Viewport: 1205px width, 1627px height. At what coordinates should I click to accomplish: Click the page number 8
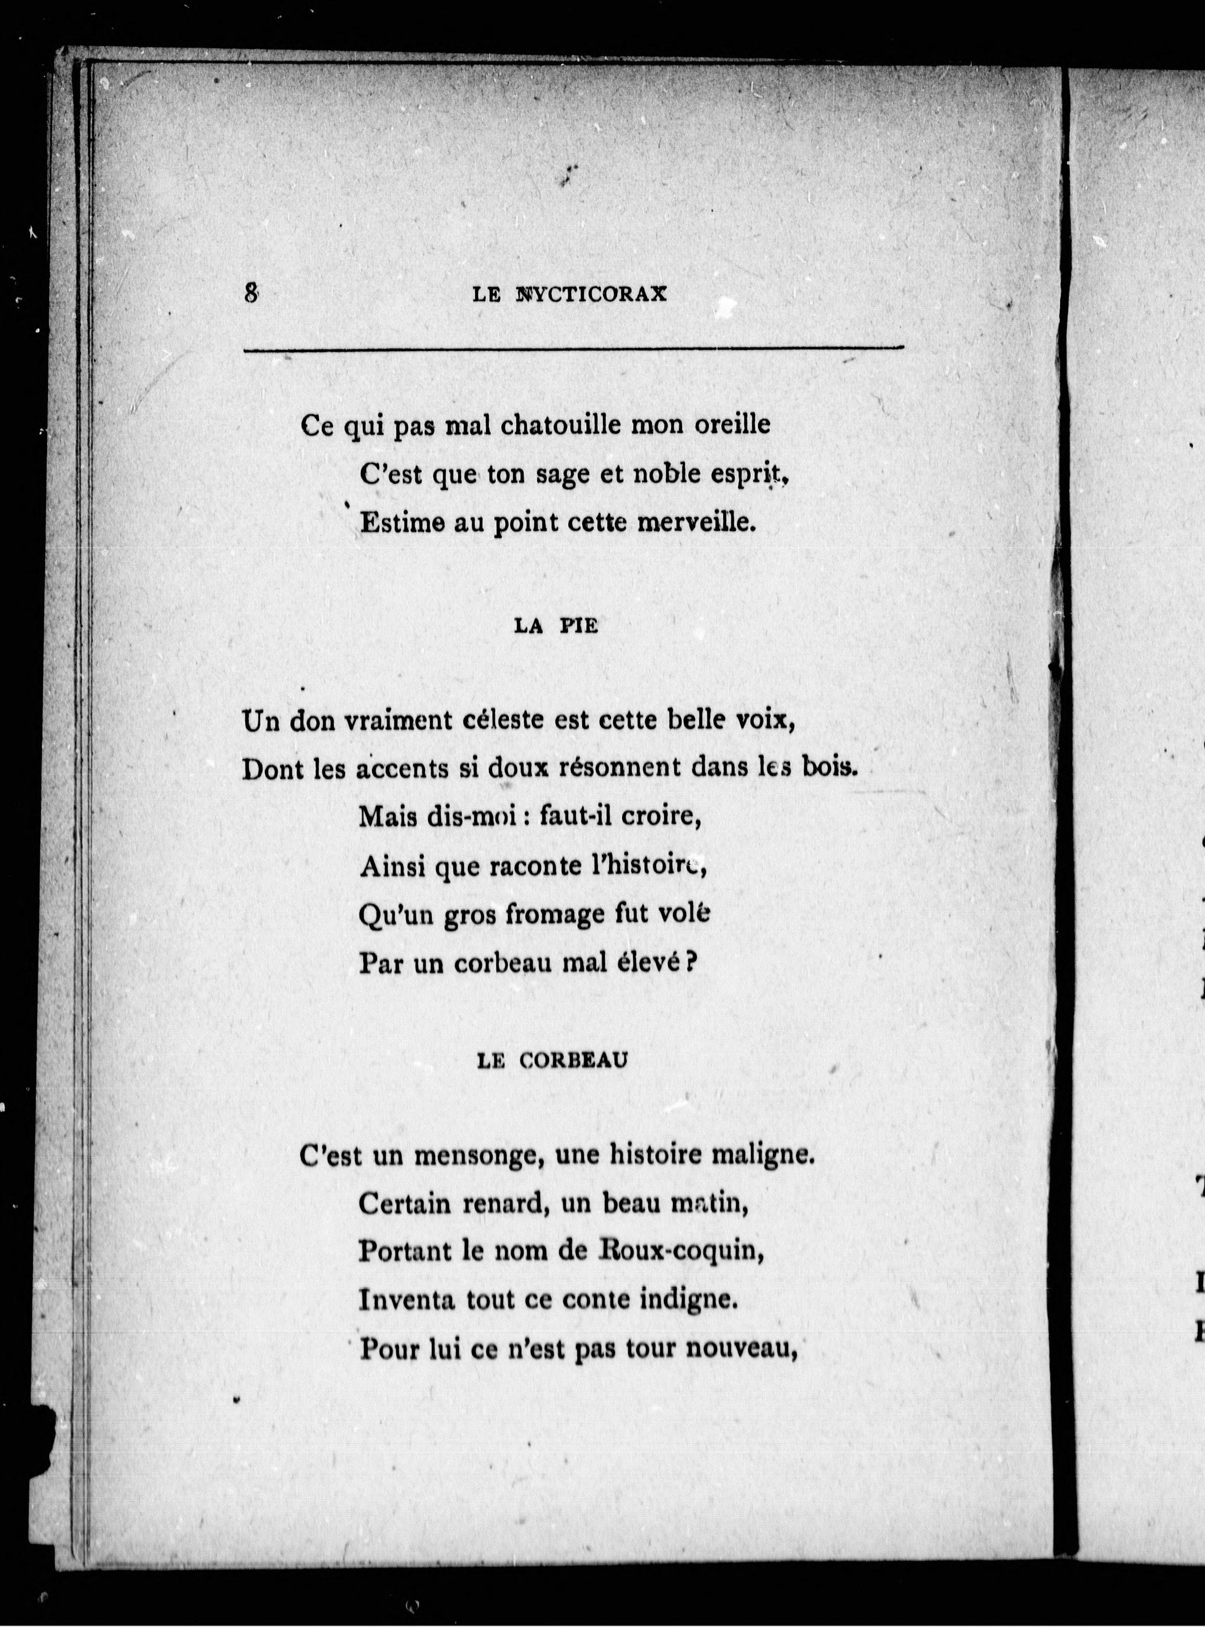[251, 293]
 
